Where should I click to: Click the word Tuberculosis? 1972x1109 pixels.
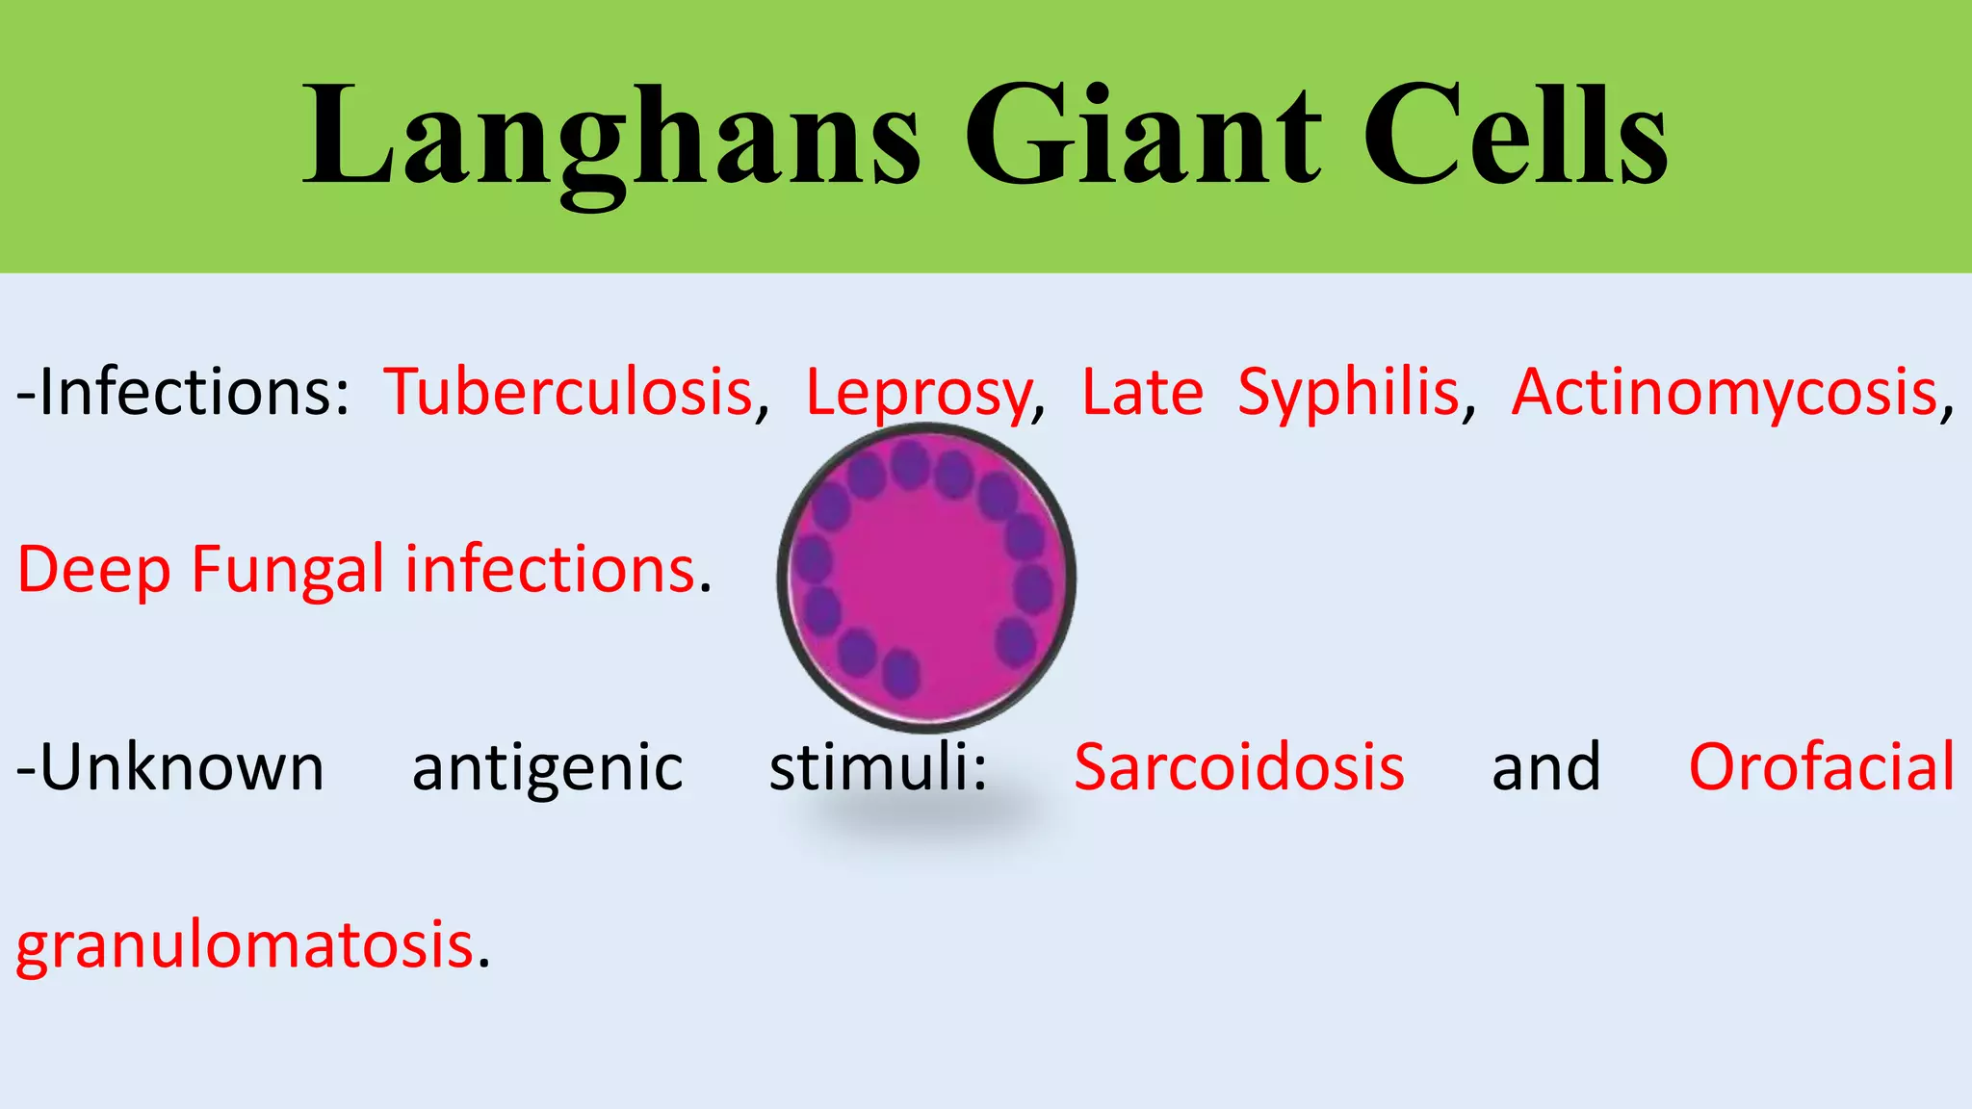pos(568,393)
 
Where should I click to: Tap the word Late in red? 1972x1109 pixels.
pos(1142,393)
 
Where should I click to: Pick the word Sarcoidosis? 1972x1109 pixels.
pos(1239,767)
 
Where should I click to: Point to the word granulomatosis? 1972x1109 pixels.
pos(245,946)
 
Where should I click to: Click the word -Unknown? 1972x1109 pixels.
pos(170,767)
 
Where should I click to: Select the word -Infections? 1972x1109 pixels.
pos(183,393)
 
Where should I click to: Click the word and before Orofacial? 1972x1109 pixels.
pos(1546,767)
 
